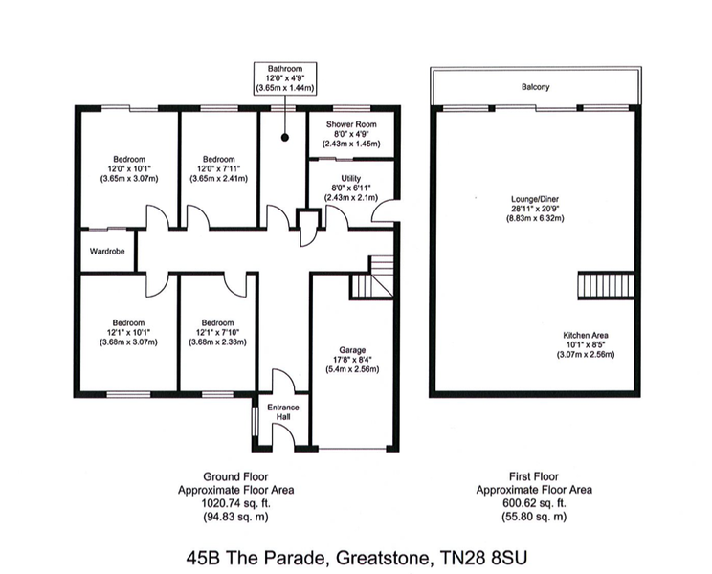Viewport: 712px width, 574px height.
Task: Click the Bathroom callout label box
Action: pos(285,78)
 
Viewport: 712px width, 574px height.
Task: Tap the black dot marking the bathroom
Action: pos(285,138)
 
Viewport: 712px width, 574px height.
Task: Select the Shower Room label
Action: pos(351,124)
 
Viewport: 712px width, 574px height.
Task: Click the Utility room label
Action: pos(350,178)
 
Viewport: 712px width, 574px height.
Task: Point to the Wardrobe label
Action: pos(107,251)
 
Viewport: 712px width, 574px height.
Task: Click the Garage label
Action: pos(352,350)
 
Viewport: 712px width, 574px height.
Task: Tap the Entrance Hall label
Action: pos(283,411)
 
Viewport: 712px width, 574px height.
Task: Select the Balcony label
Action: pos(535,87)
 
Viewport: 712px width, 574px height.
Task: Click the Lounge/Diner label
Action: pos(535,199)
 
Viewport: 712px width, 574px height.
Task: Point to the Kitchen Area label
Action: pos(586,336)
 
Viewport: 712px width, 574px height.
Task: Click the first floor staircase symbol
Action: pos(606,285)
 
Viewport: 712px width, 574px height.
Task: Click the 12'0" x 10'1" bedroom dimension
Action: pos(129,168)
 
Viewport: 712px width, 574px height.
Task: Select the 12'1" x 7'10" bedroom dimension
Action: pos(217,333)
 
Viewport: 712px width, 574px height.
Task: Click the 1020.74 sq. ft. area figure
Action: pos(235,503)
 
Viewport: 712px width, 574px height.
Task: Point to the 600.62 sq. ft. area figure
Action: pos(534,503)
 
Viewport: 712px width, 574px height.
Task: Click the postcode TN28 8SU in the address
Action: pos(484,557)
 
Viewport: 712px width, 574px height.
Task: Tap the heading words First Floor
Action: pos(534,476)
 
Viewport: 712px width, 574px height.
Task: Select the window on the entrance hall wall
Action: pos(254,422)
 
